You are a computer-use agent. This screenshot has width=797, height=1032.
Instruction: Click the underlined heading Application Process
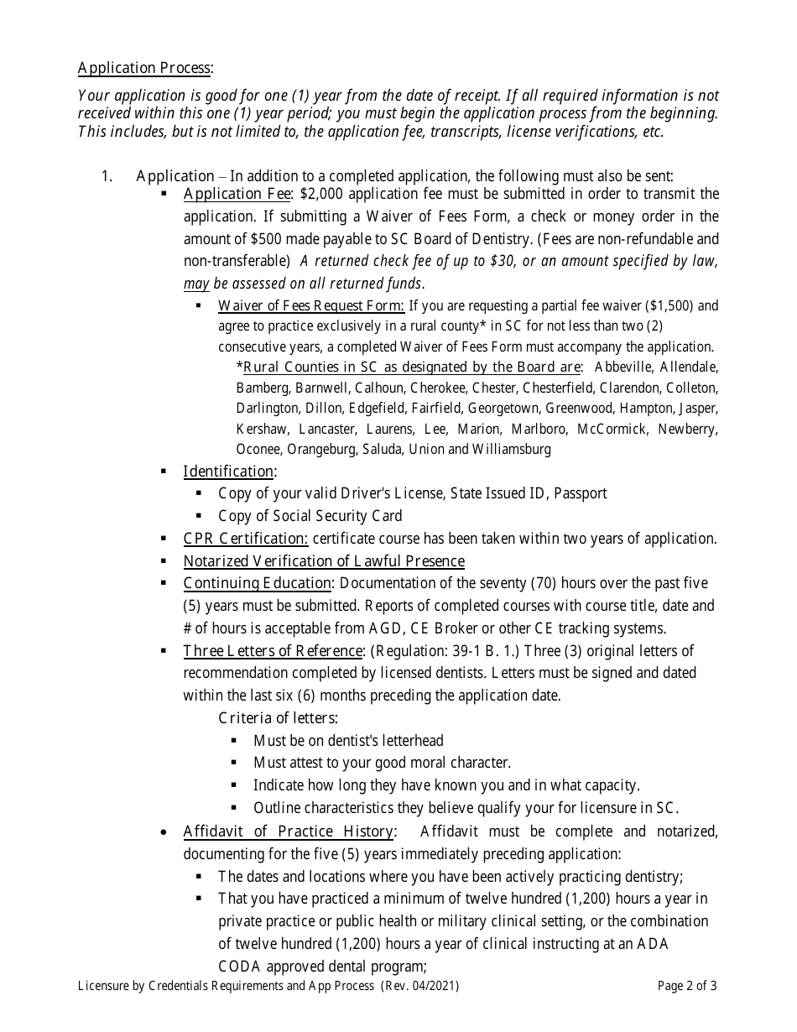click(x=144, y=68)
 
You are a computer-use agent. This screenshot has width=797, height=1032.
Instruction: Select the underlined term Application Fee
click(x=236, y=195)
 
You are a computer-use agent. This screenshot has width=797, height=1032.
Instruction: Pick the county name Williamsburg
click(x=512, y=449)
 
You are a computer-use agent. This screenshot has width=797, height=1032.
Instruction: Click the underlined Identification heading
click(x=228, y=472)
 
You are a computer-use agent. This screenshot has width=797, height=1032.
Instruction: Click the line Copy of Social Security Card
click(x=310, y=516)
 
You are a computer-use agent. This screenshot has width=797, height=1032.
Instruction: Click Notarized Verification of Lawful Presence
click(x=324, y=561)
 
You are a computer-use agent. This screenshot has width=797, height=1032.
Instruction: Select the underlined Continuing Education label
click(x=258, y=583)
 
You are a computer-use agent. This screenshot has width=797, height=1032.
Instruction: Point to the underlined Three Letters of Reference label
click(x=273, y=651)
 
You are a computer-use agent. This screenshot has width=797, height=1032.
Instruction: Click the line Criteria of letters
click(x=279, y=718)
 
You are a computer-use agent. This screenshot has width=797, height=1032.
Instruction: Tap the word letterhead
click(x=413, y=741)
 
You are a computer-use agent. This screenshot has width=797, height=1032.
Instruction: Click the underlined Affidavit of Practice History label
click(x=288, y=831)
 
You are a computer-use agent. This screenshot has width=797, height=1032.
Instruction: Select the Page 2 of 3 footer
click(x=687, y=986)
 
